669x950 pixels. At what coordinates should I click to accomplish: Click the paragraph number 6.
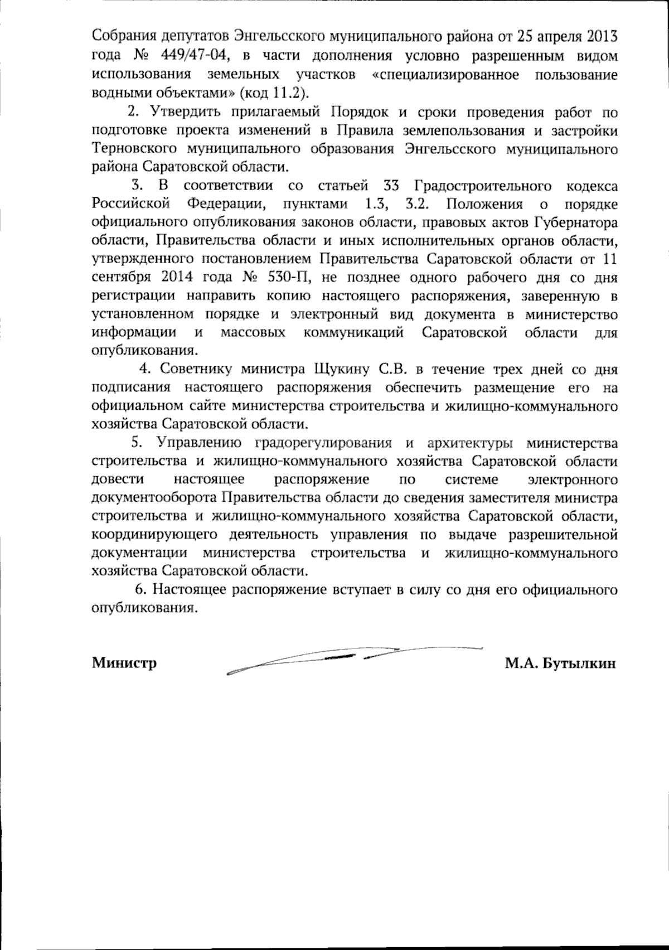click(x=140, y=589)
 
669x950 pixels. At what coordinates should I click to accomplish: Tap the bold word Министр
click(x=124, y=663)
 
